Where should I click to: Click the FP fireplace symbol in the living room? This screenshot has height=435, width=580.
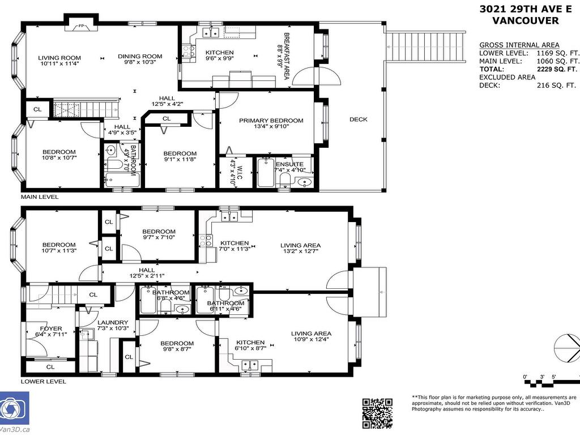pyautogui.click(x=82, y=26)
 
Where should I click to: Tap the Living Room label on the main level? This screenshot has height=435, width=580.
pyautogui.click(x=59, y=58)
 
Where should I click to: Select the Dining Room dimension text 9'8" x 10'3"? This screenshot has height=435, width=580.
pyautogui.click(x=140, y=62)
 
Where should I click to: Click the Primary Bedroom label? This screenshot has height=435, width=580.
pyautogui.click(x=271, y=121)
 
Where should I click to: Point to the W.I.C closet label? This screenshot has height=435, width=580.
pyautogui.click(x=240, y=172)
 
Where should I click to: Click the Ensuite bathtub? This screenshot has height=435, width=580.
pyautogui.click(x=266, y=172)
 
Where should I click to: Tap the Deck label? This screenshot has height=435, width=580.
pyautogui.click(x=359, y=120)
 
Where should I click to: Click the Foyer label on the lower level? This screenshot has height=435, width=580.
pyautogui.click(x=51, y=329)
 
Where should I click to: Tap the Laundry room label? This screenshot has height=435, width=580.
pyautogui.click(x=113, y=322)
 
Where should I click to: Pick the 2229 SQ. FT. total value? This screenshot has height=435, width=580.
pyautogui.click(x=557, y=69)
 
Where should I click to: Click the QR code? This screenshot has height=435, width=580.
pyautogui.click(x=377, y=413)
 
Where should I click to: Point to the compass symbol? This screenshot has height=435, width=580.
pyautogui.click(x=568, y=348)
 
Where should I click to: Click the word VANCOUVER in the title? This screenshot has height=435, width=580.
pyautogui.click(x=525, y=20)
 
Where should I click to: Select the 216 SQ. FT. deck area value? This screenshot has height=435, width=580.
pyautogui.click(x=556, y=86)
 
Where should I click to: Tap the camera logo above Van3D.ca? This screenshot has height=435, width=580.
pyautogui.click(x=14, y=408)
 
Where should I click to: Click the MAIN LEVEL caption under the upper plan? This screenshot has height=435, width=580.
pyautogui.click(x=40, y=197)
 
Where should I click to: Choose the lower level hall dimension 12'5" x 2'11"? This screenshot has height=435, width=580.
pyautogui.click(x=147, y=276)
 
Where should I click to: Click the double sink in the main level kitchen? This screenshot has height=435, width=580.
pyautogui.click(x=211, y=33)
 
